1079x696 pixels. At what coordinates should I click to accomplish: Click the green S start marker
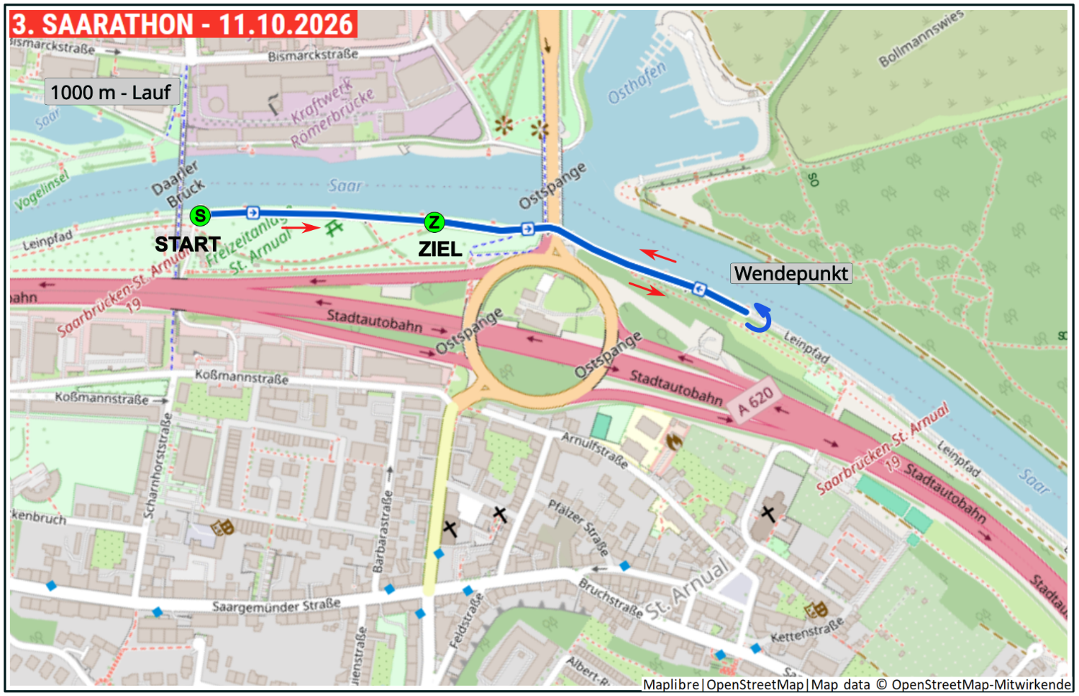[200, 216]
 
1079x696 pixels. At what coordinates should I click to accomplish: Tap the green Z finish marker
[434, 222]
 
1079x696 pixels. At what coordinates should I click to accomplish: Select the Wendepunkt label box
[791, 273]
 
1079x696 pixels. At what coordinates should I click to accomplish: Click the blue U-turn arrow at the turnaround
[759, 318]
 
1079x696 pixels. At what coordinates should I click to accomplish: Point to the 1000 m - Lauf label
[111, 92]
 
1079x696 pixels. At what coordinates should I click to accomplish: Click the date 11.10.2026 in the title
[286, 24]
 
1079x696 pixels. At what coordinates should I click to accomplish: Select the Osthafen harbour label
[637, 83]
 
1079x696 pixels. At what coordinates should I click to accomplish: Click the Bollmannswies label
[920, 40]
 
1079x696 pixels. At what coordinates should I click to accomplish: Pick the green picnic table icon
[334, 229]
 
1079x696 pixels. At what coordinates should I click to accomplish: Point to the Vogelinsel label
[42, 191]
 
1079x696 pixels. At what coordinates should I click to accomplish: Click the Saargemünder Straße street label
[276, 606]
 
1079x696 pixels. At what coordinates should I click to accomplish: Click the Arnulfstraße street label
[594, 450]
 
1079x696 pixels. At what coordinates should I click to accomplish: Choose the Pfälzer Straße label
[578, 528]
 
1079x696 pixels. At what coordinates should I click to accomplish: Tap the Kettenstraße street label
[806, 631]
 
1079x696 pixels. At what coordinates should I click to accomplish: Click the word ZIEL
[440, 249]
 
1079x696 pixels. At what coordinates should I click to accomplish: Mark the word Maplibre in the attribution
[670, 684]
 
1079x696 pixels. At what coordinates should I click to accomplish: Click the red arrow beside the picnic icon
[300, 228]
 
